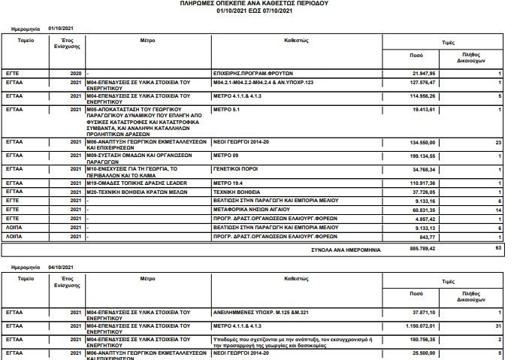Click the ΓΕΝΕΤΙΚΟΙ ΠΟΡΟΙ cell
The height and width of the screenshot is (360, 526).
click(234, 169)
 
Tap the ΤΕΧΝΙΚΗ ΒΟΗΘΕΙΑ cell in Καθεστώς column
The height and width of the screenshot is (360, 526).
click(233, 191)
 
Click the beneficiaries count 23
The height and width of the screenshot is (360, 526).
click(497, 141)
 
